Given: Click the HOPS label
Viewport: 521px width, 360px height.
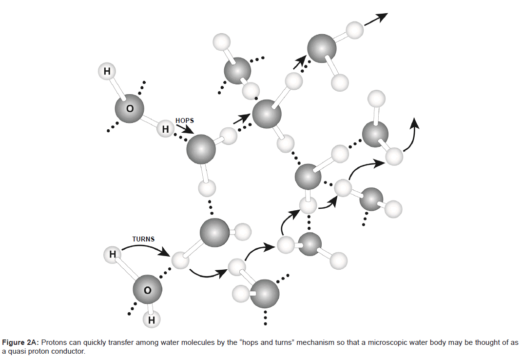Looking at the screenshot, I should click(x=184, y=120).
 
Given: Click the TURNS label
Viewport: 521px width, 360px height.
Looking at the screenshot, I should click(x=143, y=239).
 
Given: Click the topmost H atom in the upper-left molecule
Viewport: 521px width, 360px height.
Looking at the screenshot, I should click(x=107, y=72).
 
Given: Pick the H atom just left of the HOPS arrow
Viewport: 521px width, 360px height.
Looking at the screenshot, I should click(x=165, y=129).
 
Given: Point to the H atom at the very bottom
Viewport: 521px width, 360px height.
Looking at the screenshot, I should click(x=152, y=320).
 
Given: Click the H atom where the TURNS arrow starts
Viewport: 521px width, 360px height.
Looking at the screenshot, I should click(x=113, y=254).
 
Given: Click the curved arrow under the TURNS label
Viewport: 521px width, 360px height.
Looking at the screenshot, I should click(x=146, y=248).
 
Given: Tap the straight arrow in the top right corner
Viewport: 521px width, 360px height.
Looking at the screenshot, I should click(x=376, y=20).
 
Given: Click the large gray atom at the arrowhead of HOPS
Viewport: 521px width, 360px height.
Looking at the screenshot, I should click(x=201, y=149).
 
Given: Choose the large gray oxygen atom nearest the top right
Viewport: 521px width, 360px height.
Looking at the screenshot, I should click(x=322, y=49).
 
